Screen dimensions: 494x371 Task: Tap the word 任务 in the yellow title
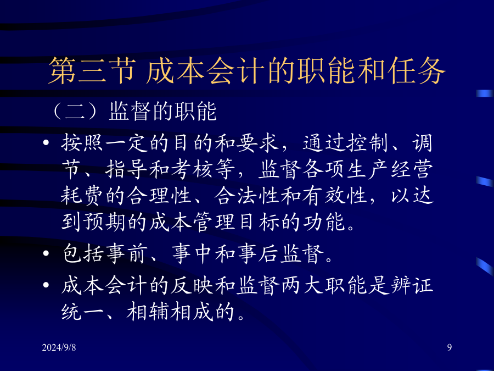point(417,71)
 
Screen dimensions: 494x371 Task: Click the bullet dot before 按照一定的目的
point(46,142)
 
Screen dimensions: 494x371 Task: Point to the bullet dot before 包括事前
point(46,253)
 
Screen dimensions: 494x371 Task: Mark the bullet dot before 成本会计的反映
point(46,285)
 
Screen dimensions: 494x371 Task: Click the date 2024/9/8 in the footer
point(59,347)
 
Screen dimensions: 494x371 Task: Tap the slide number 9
point(450,347)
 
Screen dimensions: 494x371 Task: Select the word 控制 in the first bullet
point(367,143)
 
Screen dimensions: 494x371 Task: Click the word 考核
point(192,169)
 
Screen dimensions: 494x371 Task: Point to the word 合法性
point(246,196)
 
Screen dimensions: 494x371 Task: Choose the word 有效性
point(334,196)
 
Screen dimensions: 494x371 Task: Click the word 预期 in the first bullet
point(104,222)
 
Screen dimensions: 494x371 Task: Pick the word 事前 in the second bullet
point(126,253)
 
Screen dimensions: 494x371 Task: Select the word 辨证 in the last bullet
point(411,285)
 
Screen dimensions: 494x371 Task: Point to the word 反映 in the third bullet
point(192,285)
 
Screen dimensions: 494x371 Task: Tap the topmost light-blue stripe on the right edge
point(485,93)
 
